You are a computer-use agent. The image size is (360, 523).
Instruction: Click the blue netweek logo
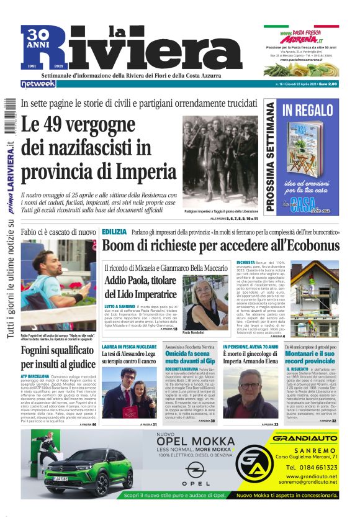38,83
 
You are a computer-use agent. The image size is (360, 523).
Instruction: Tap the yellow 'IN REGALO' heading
308,111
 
